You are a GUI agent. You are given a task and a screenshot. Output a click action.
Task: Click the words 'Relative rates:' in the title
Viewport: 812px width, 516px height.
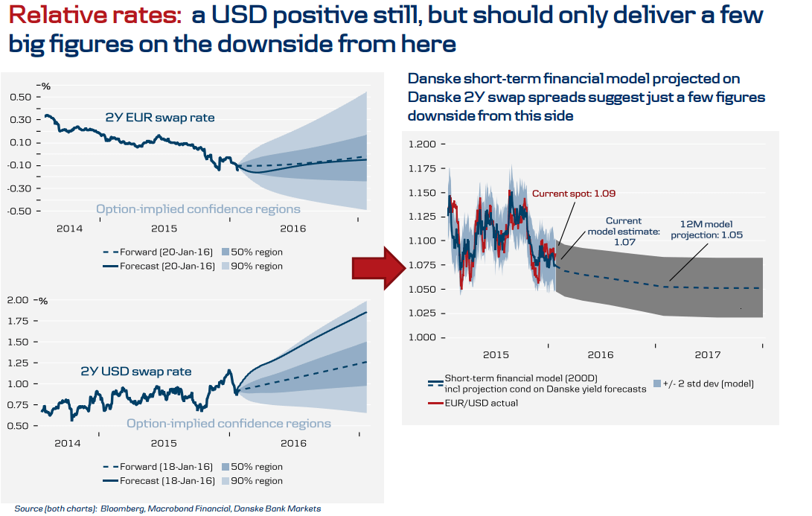(x=95, y=16)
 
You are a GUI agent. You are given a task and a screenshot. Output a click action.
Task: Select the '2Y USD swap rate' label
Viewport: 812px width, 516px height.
(x=136, y=371)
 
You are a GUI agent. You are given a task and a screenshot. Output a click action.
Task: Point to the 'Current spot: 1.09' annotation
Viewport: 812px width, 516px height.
(x=574, y=194)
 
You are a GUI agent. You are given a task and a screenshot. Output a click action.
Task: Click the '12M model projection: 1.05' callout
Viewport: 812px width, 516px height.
(x=706, y=228)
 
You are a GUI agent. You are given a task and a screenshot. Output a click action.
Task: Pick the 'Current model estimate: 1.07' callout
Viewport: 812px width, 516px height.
(x=624, y=232)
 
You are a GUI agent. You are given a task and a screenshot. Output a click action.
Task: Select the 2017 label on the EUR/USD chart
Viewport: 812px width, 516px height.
(x=708, y=355)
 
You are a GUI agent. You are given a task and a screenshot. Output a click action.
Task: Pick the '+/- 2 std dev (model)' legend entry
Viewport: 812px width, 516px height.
(x=703, y=383)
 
